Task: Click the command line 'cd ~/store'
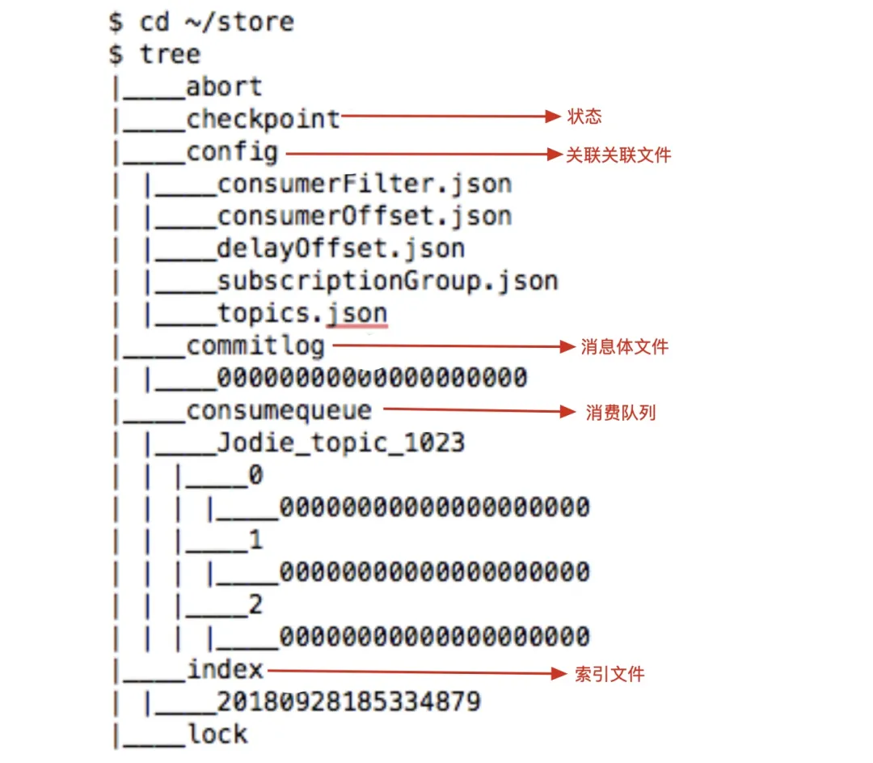[201, 22]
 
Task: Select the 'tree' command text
[170, 54]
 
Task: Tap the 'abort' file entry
[224, 87]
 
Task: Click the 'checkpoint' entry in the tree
[264, 119]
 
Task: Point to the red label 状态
[584, 117]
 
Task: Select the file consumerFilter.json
[364, 184]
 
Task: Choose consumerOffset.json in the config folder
[364, 216]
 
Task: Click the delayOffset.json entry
[340, 248]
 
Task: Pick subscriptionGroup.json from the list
[387, 281]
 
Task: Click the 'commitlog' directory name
[255, 345]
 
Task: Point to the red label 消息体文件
[625, 347]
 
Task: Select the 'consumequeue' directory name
[279, 410]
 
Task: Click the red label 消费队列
[621, 413]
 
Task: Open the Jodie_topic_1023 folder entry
[340, 443]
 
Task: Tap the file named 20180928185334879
[348, 702]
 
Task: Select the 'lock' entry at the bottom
[217, 734]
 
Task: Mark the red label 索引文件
[609, 674]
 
